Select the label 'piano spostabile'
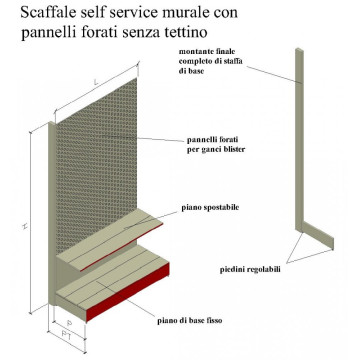(x=210, y=207)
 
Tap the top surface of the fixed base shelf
(x=110, y=285)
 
